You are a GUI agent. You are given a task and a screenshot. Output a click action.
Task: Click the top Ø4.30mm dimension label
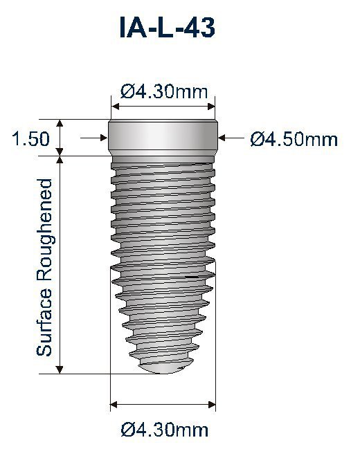[x=164, y=90]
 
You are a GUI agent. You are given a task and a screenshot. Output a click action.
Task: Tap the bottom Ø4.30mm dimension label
[x=164, y=430]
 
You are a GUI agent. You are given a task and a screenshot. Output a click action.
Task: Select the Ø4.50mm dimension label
[x=294, y=140]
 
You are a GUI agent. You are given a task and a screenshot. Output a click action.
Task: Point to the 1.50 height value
[x=30, y=139]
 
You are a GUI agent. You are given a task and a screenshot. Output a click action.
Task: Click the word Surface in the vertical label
[x=45, y=324]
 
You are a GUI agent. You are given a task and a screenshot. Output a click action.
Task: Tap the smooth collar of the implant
[x=163, y=137]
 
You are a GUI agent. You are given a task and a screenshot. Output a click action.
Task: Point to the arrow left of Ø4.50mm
[x=228, y=139]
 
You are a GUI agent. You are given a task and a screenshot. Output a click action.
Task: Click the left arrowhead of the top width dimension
[x=115, y=107]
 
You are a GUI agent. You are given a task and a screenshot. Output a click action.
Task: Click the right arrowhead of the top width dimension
[x=212, y=107]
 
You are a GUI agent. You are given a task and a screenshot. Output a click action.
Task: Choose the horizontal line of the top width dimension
[x=163, y=107]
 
